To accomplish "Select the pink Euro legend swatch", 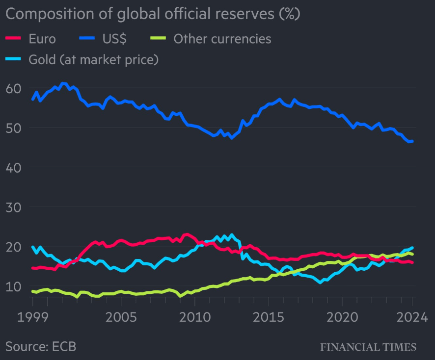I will click(x=13, y=39).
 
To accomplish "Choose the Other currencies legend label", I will click(x=222, y=39).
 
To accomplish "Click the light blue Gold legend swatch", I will click(x=13, y=60).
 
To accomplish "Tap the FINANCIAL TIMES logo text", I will click(x=368, y=347).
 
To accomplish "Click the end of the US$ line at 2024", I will click(x=411, y=141).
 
